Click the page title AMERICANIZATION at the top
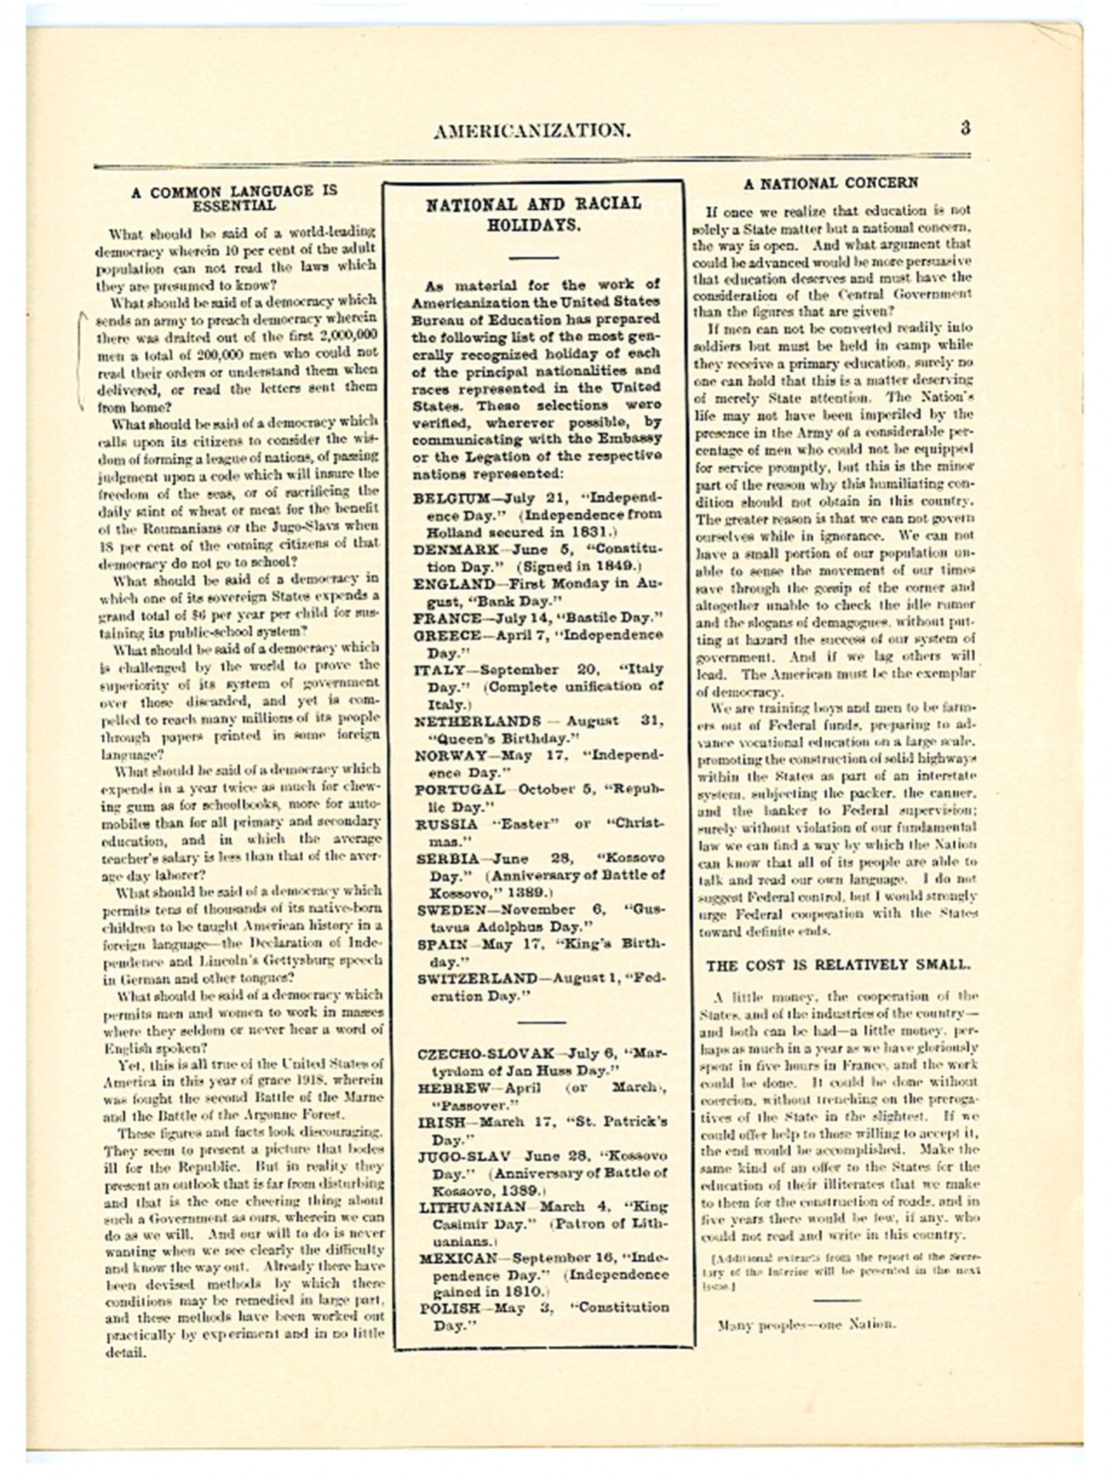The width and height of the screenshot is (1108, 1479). coord(532,132)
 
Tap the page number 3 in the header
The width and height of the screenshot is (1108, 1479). coord(965,128)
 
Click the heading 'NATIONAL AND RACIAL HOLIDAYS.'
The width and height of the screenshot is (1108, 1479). coord(533,214)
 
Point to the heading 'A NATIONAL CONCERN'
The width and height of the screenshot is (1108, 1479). coord(831,183)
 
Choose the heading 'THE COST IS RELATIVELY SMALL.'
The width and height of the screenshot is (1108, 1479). coord(838,965)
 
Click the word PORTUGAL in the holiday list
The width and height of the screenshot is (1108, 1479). coord(459,789)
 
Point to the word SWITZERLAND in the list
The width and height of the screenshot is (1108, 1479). coord(477,979)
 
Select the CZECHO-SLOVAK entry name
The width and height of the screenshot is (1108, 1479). coord(485,1054)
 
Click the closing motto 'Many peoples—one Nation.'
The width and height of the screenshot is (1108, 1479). coord(807,1324)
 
